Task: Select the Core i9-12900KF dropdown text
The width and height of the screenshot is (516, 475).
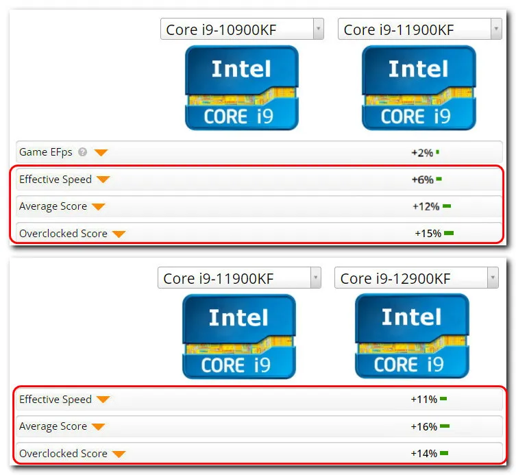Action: [x=395, y=278]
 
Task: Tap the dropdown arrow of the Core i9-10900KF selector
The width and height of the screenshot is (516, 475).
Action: [x=318, y=29]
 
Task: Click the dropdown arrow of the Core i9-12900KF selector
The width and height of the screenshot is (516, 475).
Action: [x=493, y=278]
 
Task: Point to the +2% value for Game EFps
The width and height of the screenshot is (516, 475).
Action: [x=421, y=153]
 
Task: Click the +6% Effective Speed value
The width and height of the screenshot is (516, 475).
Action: [x=422, y=180]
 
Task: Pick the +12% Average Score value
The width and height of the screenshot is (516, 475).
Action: [x=425, y=206]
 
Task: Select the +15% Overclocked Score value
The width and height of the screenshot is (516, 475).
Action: [x=428, y=233]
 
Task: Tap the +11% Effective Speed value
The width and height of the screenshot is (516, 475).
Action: [x=423, y=399]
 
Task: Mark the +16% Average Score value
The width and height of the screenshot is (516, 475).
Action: [x=423, y=426]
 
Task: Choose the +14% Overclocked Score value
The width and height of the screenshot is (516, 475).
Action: [x=423, y=453]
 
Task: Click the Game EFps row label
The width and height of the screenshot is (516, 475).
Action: [x=45, y=152]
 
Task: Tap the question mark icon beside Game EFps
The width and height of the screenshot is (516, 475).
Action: [x=83, y=152]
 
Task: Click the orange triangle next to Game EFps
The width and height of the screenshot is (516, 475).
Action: [x=101, y=152]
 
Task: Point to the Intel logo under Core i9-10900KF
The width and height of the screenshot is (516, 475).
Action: [x=241, y=88]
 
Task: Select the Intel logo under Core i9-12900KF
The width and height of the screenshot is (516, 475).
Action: [x=411, y=336]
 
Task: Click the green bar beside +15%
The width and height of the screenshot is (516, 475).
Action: [x=449, y=233]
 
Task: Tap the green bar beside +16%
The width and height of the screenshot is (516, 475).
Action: [x=445, y=426]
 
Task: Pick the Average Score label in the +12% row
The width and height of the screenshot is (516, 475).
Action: [x=53, y=206]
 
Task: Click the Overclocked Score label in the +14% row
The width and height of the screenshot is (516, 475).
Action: [x=63, y=453]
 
